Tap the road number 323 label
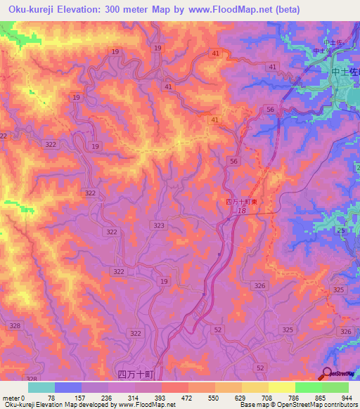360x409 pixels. pos(159,225)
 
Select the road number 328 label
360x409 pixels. pos(15,326)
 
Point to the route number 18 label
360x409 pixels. pos(241,211)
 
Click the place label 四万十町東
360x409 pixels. pos(241,202)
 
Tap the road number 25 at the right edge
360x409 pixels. pos(340,231)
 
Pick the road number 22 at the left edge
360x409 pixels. pos(4,136)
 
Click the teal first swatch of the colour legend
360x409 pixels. pos(41,387)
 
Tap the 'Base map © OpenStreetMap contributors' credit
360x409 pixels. pos(297,405)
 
